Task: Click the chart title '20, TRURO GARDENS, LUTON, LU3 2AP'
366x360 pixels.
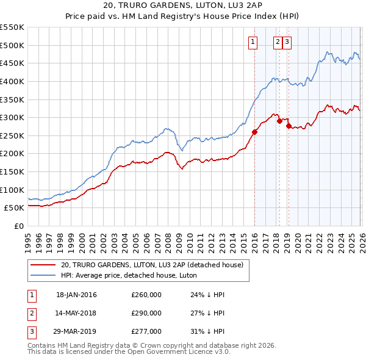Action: click(183, 6)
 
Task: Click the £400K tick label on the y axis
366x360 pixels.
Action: click(12, 81)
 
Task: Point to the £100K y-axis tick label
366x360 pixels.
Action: click(12, 190)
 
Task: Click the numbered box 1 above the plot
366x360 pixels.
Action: click(253, 42)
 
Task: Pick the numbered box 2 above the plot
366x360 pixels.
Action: click(278, 42)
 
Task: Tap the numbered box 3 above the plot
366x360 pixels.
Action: click(287, 42)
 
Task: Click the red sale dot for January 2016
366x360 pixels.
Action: click(254, 132)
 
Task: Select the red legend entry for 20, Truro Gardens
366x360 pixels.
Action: click(152, 265)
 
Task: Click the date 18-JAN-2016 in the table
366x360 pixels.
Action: click(76, 295)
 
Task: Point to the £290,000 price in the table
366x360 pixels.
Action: click(146, 313)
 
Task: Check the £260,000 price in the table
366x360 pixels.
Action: click(146, 295)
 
